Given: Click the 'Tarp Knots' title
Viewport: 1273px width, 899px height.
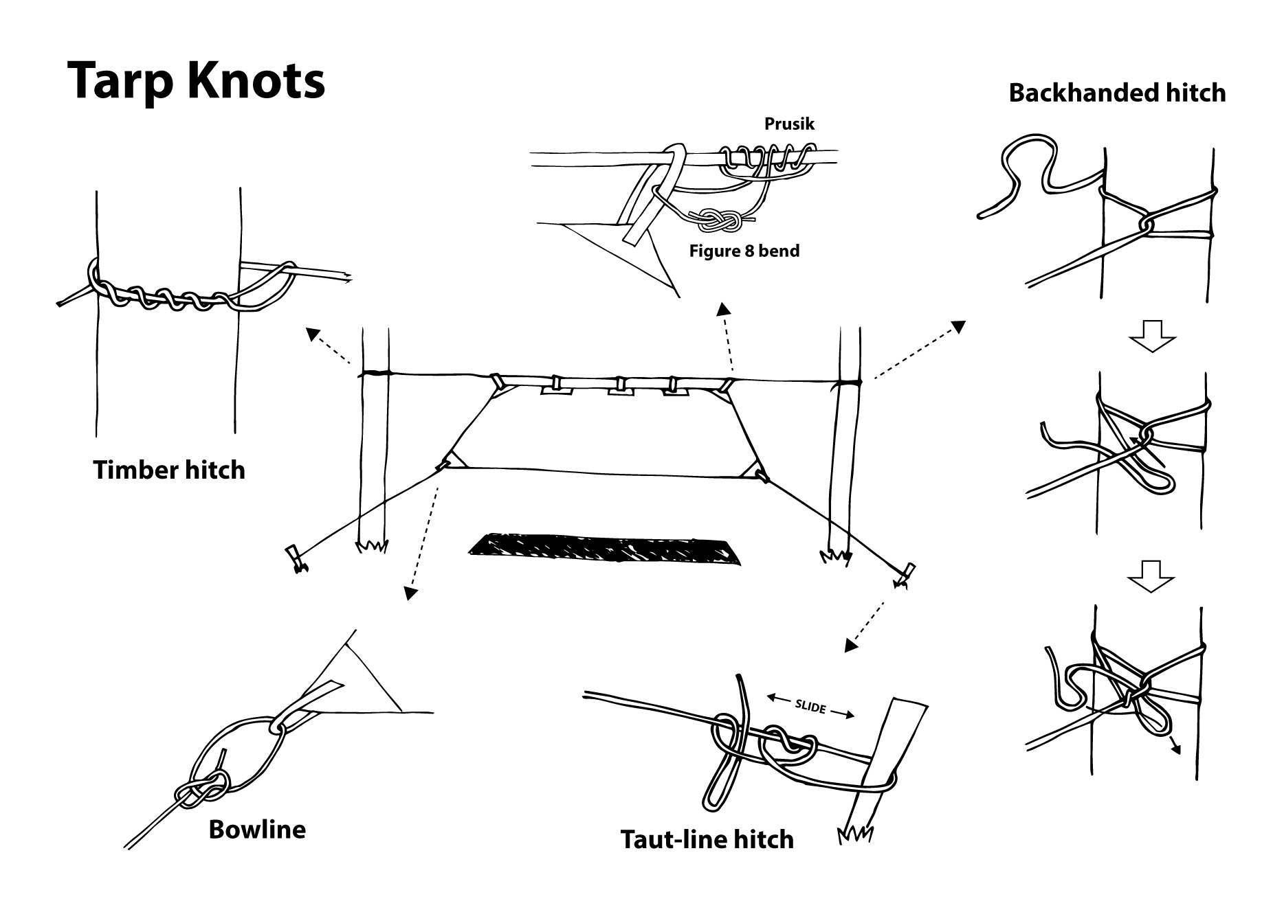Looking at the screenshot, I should coord(196,80).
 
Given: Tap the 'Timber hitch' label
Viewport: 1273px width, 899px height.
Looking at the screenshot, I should coord(169,470).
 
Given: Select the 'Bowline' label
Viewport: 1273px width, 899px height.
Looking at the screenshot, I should coord(256,830).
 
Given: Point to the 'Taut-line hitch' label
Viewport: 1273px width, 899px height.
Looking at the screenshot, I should coord(707,839).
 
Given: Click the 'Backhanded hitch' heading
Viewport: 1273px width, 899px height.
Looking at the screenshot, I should coord(1117,93).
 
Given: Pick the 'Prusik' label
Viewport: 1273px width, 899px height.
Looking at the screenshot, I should coord(789,124).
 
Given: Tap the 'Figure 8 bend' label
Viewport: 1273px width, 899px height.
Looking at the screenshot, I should coord(744,251).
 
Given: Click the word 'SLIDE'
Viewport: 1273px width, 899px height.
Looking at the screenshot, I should coord(810,707).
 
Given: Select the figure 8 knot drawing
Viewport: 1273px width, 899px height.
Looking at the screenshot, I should coord(720,220).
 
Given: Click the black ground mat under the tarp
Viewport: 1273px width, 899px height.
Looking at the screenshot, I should coord(605,549).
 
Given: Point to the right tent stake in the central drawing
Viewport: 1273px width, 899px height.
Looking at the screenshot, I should coord(905,573).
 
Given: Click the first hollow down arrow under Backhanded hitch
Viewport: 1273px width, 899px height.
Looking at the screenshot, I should coord(1153,335).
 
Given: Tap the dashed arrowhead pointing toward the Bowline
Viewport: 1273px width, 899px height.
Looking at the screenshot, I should coord(410,593).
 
